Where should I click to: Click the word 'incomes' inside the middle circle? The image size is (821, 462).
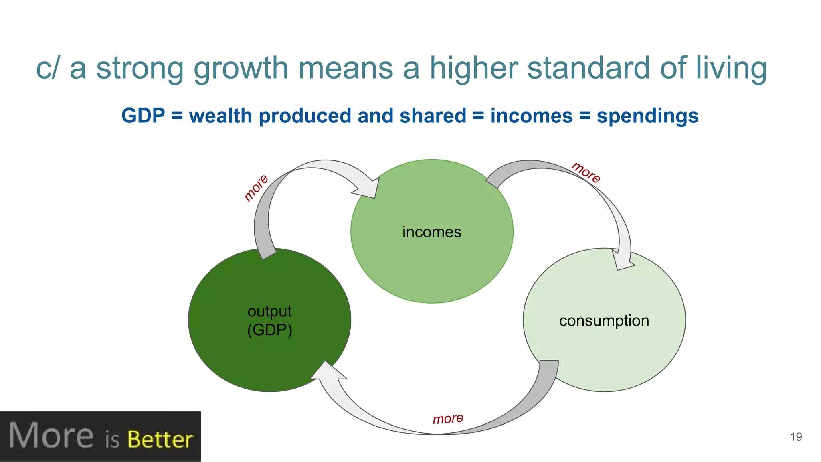[x=432, y=232]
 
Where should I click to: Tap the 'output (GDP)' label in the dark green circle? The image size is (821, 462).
[x=269, y=320]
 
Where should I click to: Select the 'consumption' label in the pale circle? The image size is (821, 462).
[x=604, y=321]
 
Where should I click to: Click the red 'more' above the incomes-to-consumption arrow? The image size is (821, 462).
[x=586, y=172]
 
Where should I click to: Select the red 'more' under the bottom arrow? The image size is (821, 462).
[x=448, y=419]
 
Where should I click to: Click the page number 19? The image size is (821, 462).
[x=796, y=437]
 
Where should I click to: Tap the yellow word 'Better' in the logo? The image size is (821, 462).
[x=160, y=440]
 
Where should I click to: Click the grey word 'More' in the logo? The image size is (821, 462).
[x=51, y=436]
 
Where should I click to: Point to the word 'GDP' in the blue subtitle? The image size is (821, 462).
[x=143, y=116]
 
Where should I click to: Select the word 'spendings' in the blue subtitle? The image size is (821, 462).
[x=647, y=116]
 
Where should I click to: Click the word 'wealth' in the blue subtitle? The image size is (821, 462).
[x=220, y=116]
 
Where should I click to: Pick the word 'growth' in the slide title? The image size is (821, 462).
[x=241, y=68]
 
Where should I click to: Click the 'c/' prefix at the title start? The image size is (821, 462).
[x=47, y=68]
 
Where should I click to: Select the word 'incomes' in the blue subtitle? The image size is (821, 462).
[x=532, y=116]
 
